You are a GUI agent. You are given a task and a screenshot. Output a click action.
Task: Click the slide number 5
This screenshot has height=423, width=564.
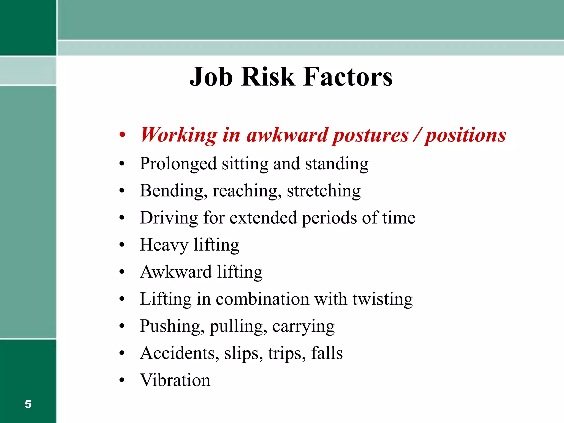coord(28,404)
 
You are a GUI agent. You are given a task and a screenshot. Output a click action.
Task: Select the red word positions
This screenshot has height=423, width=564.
coord(465,135)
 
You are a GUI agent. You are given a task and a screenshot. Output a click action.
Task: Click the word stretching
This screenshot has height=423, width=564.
coord(324,191)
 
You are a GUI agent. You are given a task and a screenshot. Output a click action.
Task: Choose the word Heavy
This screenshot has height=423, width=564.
coord(164,245)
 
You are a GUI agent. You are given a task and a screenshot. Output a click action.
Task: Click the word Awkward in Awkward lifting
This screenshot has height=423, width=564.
coord(176,272)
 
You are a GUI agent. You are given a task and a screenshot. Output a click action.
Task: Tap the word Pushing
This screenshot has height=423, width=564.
coord(172,326)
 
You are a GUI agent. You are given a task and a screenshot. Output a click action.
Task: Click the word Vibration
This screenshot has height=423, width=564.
coord(175,380)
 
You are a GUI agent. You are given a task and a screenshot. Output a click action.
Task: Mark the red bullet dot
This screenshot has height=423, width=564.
coord(122,135)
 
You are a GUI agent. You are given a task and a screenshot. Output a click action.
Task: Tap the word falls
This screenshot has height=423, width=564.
coord(327,353)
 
